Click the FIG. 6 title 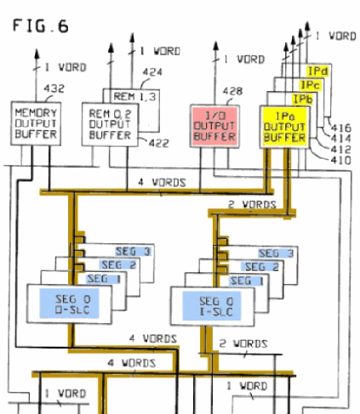[41, 26]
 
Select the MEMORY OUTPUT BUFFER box [36, 123]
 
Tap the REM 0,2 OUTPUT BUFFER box [110, 124]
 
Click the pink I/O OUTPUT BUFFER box [214, 126]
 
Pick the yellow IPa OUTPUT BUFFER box [284, 127]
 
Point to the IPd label [317, 71]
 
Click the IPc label [311, 85]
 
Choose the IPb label [303, 99]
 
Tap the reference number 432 [54, 88]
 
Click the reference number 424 [152, 72]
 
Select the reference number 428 [232, 91]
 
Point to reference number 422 [159, 143]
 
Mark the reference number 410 [341, 161]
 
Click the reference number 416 [341, 128]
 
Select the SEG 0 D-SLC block [69, 304]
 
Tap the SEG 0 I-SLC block [213, 306]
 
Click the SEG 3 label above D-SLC [133, 252]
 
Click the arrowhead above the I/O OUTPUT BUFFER [216, 46]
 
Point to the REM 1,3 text [134, 97]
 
